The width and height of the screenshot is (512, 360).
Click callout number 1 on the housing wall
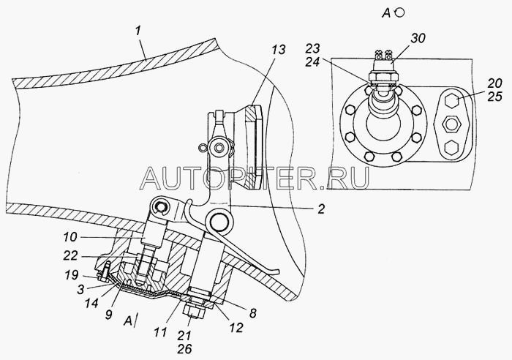(x=138, y=31)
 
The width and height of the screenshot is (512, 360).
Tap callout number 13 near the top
(x=279, y=49)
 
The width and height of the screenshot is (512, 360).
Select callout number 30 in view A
(x=418, y=38)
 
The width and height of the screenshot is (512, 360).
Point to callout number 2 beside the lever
(x=321, y=209)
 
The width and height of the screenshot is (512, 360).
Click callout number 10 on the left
(x=70, y=237)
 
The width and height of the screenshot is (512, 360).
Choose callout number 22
(x=71, y=255)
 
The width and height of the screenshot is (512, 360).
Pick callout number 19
(x=71, y=274)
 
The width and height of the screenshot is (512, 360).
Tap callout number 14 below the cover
(x=91, y=303)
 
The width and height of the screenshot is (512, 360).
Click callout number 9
(x=109, y=314)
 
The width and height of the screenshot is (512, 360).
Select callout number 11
(x=160, y=332)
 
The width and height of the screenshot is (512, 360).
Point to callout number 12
(x=236, y=327)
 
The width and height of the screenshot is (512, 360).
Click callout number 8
(x=253, y=313)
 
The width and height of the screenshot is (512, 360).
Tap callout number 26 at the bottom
(x=184, y=349)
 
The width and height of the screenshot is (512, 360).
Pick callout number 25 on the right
(x=494, y=97)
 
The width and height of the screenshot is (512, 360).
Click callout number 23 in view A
(x=312, y=49)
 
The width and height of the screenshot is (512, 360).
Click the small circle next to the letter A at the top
(x=400, y=12)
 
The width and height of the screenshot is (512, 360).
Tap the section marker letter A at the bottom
(x=128, y=321)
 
